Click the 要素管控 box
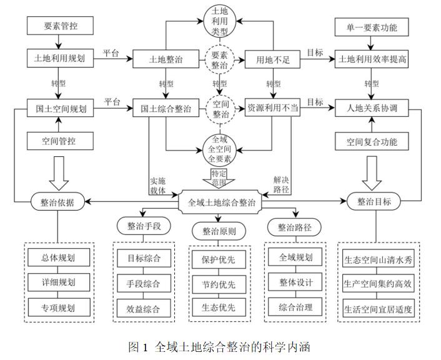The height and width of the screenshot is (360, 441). [x=61, y=26]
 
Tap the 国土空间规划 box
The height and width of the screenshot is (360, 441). [x=61, y=108]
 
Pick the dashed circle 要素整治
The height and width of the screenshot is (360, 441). [x=220, y=60]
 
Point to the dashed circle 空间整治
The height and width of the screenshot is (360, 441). [x=220, y=107]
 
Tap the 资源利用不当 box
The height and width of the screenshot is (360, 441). [x=273, y=108]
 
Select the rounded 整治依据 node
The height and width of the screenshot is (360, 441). [x=60, y=201]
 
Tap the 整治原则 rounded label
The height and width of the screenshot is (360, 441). [x=219, y=232]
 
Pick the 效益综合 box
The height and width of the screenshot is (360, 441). [x=139, y=308]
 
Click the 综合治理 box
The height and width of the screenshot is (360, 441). [x=295, y=307]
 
